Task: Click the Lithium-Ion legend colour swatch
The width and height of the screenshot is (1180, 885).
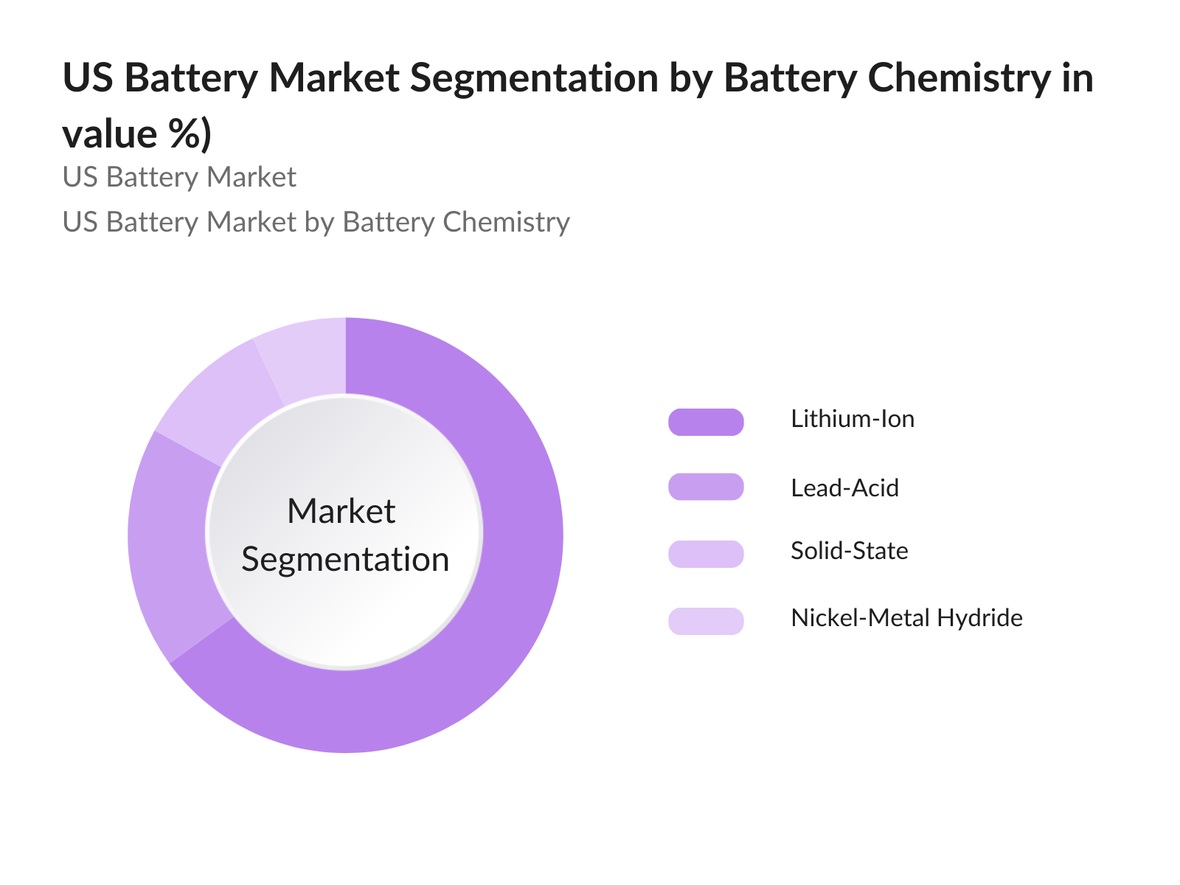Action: point(706,422)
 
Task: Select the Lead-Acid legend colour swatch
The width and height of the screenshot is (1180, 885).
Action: point(706,487)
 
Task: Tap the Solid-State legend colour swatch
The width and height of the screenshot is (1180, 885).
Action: point(706,553)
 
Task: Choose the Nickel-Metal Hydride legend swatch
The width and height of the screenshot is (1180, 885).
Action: point(706,621)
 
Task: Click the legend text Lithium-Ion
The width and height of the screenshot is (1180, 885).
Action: point(852,419)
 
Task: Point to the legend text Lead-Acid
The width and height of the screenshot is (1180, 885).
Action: point(844,487)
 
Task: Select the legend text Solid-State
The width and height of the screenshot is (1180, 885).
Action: point(849,551)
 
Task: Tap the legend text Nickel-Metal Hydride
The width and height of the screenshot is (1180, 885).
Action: point(906,617)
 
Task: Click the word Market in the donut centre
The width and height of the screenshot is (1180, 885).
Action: point(341,511)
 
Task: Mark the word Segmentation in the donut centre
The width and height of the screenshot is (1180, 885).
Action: point(345,559)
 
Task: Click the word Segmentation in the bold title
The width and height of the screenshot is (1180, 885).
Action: point(534,77)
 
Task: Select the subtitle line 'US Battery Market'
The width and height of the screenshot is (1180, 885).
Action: point(179,177)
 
